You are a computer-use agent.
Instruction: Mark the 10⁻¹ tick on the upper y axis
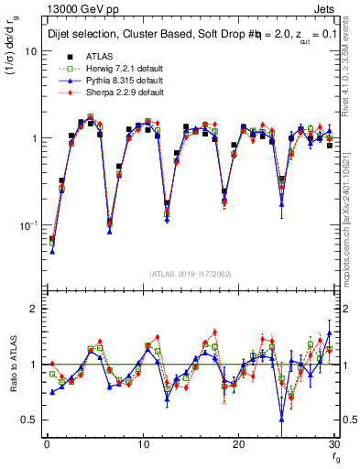pyautogui.click(x=27, y=224)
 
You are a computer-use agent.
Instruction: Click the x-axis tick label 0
pyautogui.click(x=46, y=444)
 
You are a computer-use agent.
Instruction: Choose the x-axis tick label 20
pyautogui.click(x=238, y=444)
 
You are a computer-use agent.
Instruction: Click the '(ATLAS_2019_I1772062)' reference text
pyautogui.click(x=191, y=273)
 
